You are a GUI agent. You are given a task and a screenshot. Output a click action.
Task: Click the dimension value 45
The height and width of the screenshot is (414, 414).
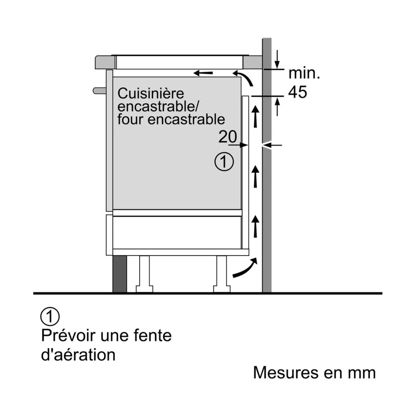click(297, 92)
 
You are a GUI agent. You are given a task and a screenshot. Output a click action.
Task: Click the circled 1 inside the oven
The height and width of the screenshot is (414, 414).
click(224, 162)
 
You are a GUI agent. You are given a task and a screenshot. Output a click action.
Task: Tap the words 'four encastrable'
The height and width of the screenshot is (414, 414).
click(171, 119)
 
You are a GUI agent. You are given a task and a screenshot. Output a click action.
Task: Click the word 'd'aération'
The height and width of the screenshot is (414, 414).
click(78, 355)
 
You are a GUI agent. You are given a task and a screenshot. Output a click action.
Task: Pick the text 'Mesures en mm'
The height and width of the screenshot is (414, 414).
click(314, 373)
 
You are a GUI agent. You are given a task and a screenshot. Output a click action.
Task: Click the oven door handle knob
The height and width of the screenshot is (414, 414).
click(99, 89)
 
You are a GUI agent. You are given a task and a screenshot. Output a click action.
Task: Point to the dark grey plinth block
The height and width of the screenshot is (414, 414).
click(119, 274)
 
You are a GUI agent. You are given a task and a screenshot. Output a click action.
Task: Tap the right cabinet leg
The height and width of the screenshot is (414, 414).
click(221, 274)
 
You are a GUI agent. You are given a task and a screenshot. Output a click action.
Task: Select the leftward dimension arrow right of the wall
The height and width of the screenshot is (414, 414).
click(274, 145)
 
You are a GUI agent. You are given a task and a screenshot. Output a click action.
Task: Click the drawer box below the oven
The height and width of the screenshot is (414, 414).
click(177, 232)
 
